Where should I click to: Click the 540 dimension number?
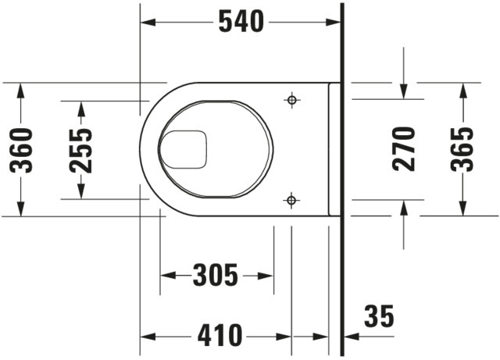(x=241, y=21)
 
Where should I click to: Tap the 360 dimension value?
(x=21, y=151)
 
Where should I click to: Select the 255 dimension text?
(x=81, y=151)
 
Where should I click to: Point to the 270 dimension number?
(x=404, y=149)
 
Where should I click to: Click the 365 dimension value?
(x=462, y=149)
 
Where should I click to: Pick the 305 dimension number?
(x=216, y=275)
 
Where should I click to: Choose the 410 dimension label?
(x=220, y=335)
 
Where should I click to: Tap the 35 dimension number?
(x=379, y=316)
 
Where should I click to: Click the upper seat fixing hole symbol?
(x=291, y=100)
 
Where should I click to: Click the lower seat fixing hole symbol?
(x=291, y=201)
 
